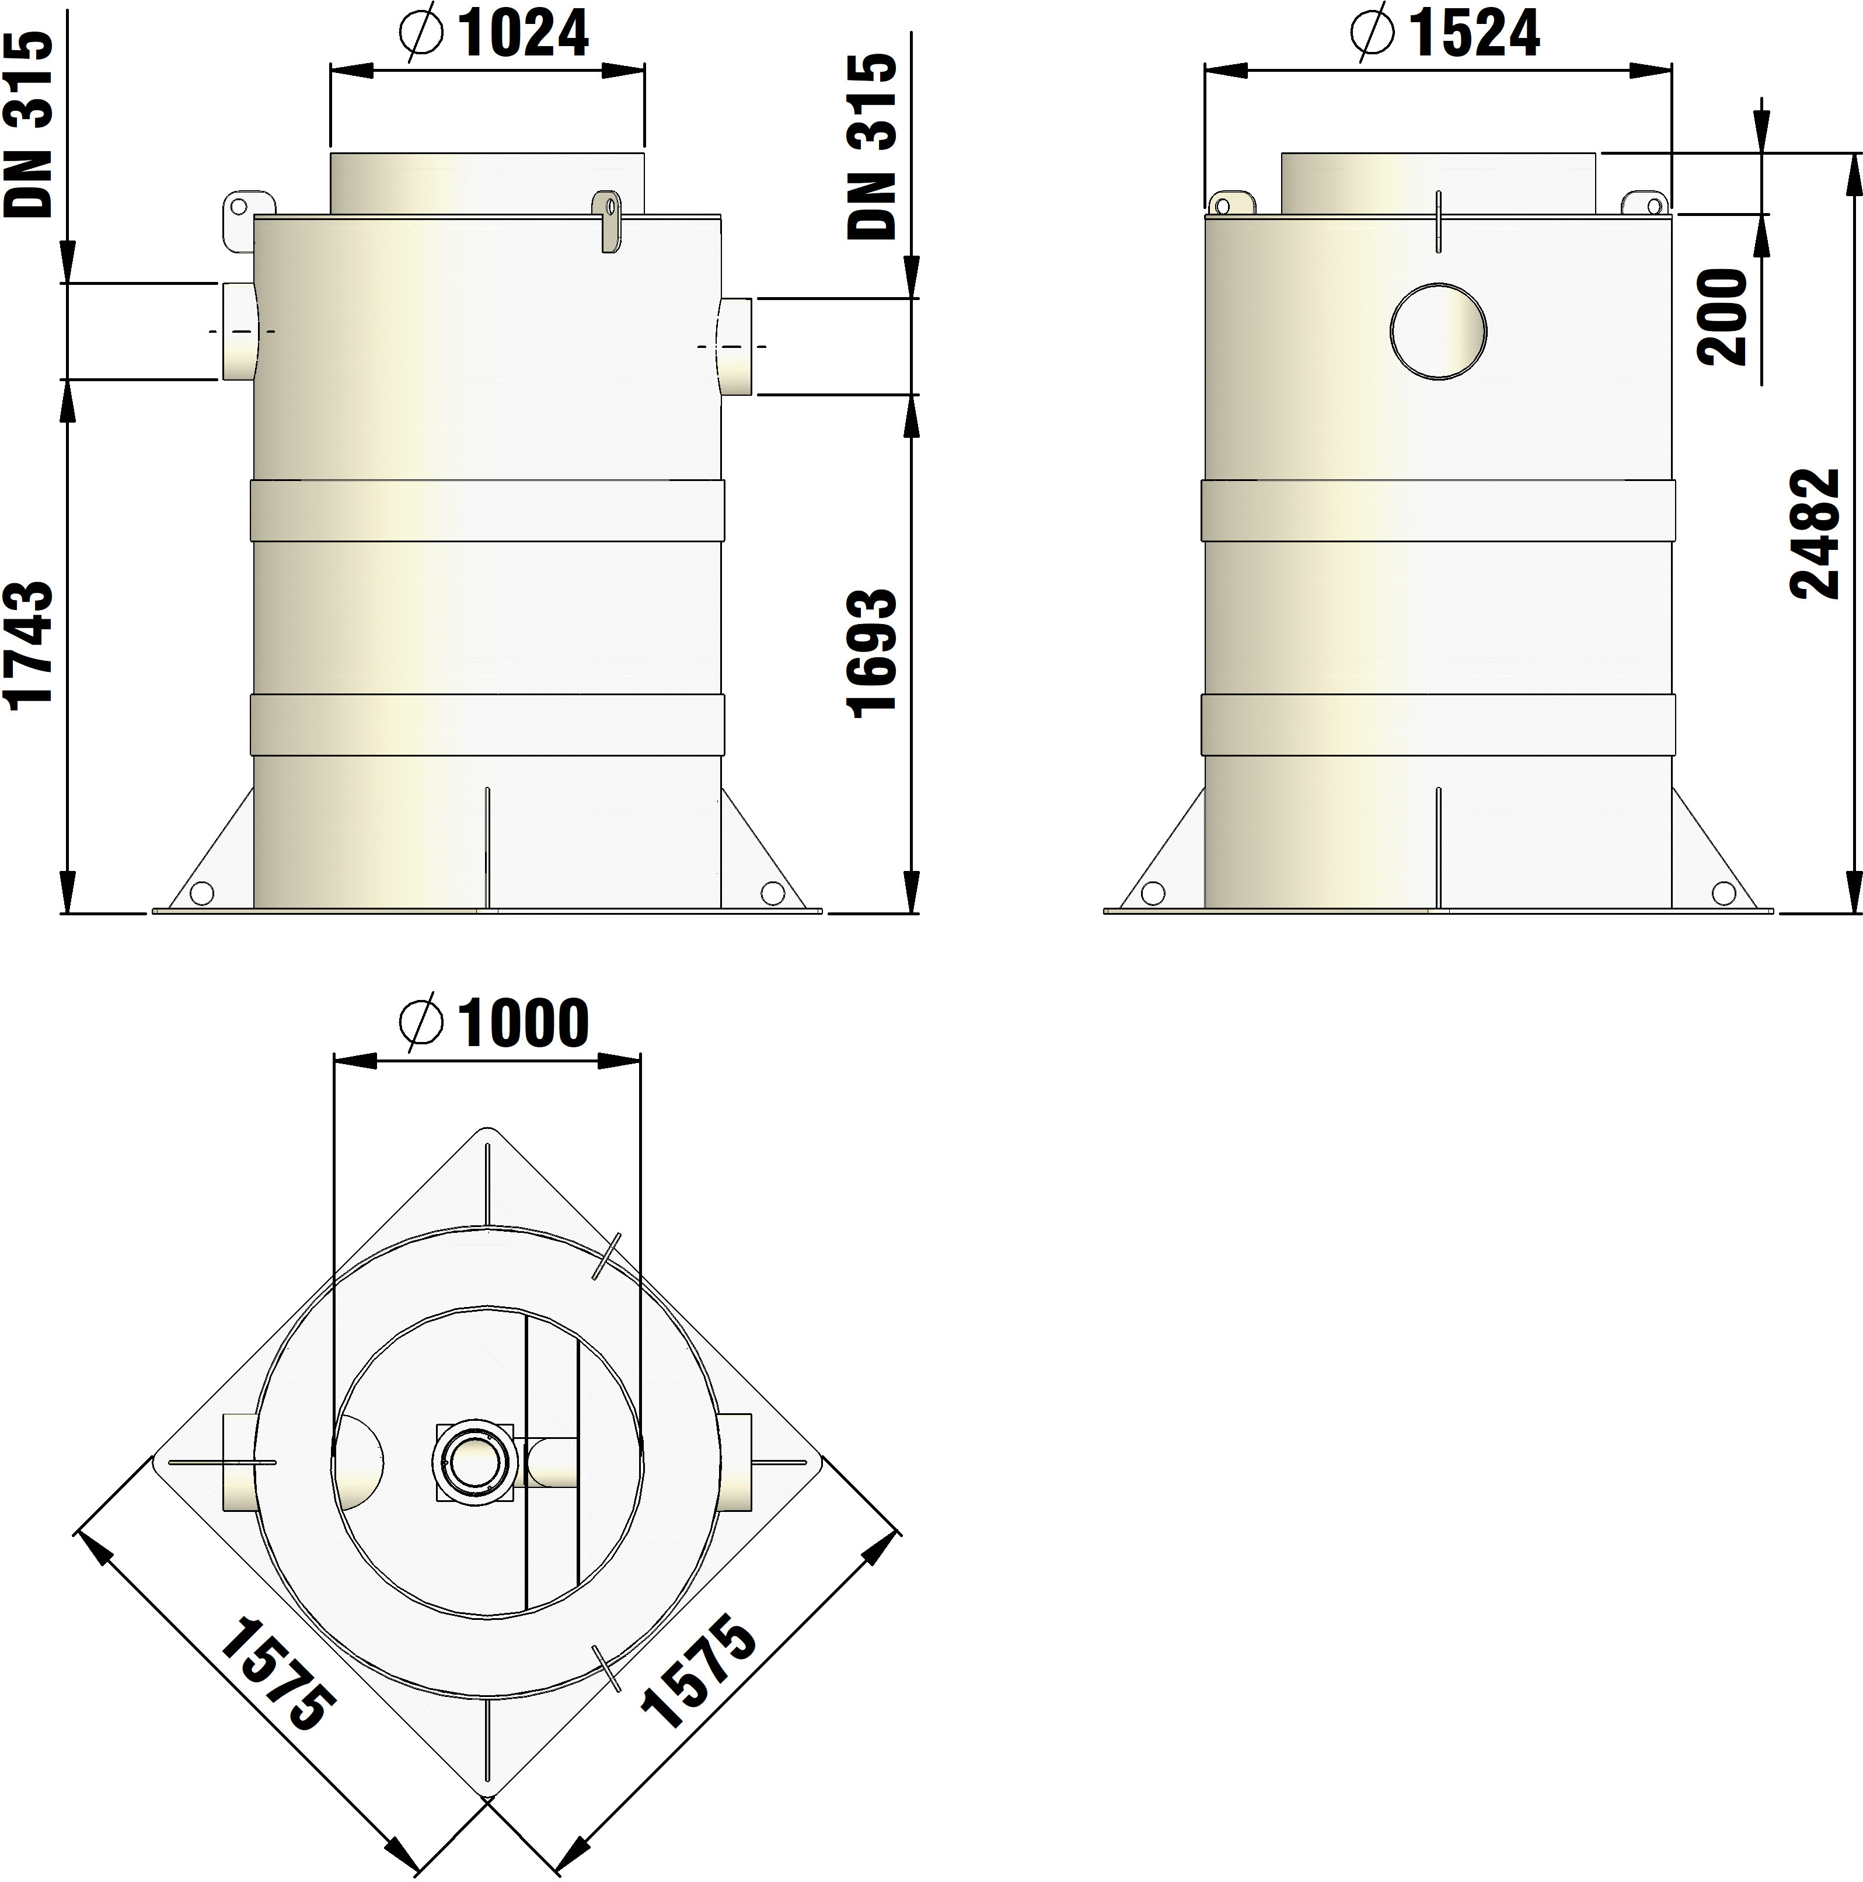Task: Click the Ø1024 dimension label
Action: pyautogui.click(x=495, y=34)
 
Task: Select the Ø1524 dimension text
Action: pyautogui.click(x=1445, y=34)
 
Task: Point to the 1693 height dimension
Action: pyautogui.click(x=871, y=654)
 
